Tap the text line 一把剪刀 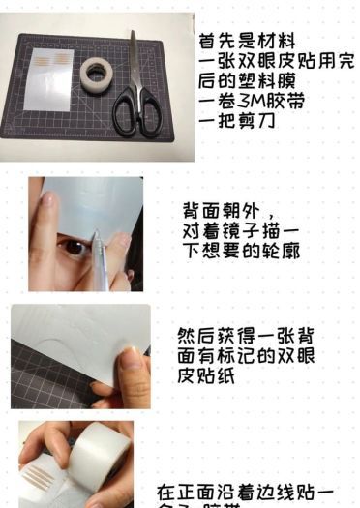point(232,122)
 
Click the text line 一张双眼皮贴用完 point(276,62)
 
